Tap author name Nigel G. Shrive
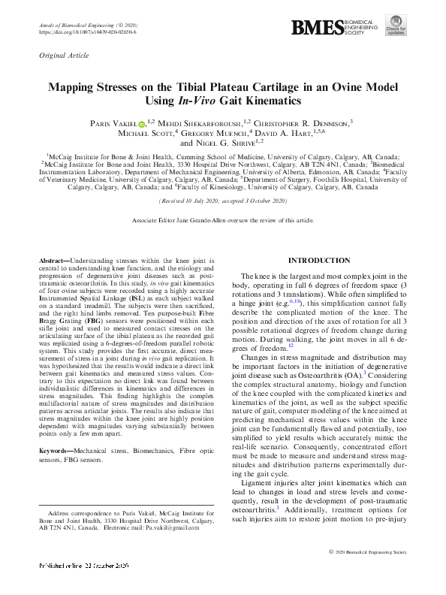pyautogui.click(x=225, y=143)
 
